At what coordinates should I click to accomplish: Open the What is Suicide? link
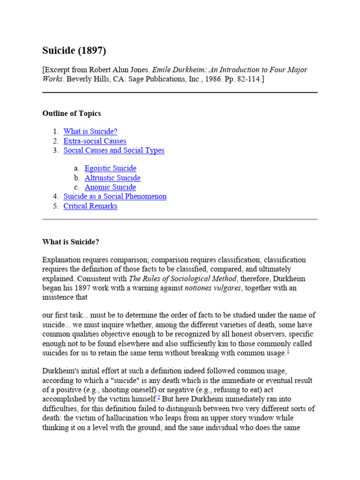[90, 132]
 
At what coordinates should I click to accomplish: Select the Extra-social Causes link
[95, 141]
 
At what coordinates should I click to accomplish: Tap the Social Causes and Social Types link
[114, 150]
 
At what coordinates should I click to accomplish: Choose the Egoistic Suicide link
[111, 168]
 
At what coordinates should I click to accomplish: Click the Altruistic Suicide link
[112, 178]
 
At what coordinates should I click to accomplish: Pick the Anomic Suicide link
[110, 187]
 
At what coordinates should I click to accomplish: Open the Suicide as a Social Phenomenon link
[115, 196]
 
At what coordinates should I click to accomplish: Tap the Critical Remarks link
[90, 206]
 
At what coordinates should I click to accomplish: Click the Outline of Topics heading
[71, 113]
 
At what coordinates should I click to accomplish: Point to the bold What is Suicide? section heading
[71, 242]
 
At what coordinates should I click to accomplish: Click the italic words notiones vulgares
[214, 288]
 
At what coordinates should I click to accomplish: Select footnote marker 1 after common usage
[288, 351]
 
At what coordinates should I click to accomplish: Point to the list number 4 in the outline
[55, 196]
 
